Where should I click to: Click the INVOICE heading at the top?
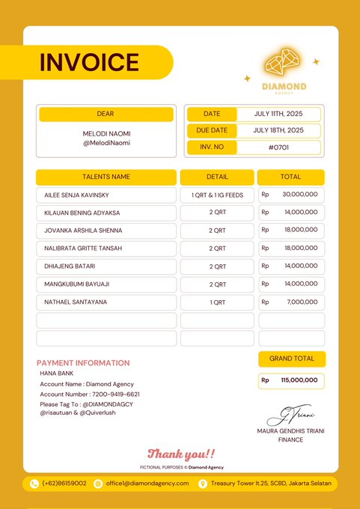89,62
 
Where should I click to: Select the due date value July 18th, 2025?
278,130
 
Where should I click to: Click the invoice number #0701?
278,147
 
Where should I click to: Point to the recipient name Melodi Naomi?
106,133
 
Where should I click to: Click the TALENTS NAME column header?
106,177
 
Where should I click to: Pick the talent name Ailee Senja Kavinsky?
77,195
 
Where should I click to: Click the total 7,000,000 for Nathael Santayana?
302,302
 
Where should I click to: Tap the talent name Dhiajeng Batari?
70,266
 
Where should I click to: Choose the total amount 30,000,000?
300,195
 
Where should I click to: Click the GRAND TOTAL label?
292,359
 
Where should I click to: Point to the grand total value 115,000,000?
299,380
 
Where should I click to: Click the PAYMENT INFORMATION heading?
83,363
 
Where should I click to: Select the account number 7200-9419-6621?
115,394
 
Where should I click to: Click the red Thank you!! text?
181,454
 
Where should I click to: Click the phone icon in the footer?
34,484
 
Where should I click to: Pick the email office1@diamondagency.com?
147,484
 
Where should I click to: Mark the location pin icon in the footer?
202,484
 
